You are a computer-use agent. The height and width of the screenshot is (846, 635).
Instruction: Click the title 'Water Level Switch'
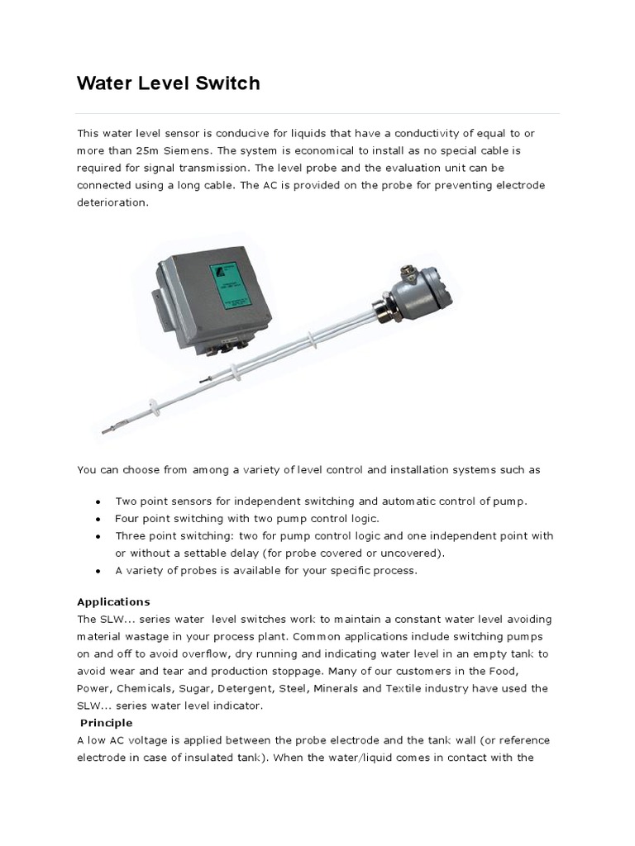point(169,83)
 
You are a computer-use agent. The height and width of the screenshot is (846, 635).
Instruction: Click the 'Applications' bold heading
point(113,601)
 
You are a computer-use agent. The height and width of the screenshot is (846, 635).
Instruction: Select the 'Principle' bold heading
point(106,723)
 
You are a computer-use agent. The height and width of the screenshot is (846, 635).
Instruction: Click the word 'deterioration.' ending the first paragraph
point(113,202)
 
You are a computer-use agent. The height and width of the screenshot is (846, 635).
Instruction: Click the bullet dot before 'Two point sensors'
point(98,501)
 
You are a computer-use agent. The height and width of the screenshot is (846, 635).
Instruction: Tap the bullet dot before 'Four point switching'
point(98,519)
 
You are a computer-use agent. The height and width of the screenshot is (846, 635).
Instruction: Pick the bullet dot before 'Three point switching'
point(98,536)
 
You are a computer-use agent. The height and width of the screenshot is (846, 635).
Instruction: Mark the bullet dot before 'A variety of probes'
point(98,571)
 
